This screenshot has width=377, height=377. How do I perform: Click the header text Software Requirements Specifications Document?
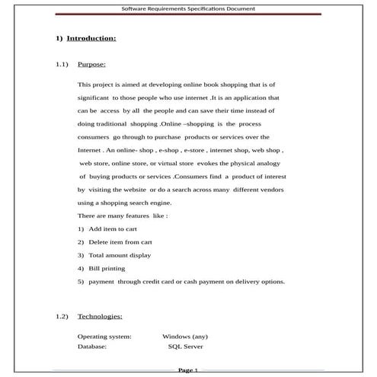point(188,9)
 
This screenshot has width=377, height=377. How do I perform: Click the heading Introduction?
point(91,37)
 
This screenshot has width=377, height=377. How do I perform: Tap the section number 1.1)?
point(62,65)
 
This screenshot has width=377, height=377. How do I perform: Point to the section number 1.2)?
point(62,315)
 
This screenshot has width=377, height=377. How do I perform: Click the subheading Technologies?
point(100,315)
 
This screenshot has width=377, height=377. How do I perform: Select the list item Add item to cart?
point(113,228)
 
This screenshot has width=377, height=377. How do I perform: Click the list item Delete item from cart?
point(120,241)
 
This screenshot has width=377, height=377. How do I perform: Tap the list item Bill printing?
point(107,268)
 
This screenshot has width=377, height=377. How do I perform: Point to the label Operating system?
point(104,336)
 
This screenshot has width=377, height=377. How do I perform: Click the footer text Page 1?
point(188,370)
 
